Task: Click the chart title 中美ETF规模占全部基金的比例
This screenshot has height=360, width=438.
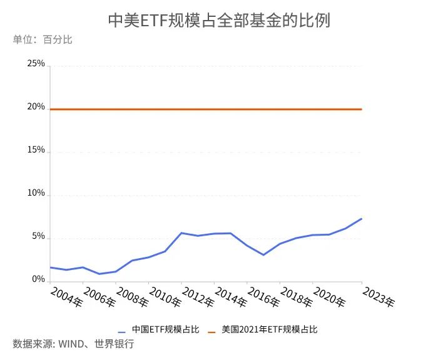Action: (218, 20)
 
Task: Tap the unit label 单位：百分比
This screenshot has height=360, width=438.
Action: (43, 40)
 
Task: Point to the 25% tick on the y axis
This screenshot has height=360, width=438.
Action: (36, 64)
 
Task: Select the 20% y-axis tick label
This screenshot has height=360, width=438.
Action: (36, 107)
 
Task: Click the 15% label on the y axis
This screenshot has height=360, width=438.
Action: (36, 150)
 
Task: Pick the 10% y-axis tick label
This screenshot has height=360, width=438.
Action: (36, 194)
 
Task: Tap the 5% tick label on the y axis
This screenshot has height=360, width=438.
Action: (38, 237)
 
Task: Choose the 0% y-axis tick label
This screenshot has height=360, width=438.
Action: (38, 279)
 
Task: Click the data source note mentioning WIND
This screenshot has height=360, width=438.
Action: (73, 344)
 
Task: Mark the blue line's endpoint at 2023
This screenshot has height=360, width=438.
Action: (362, 219)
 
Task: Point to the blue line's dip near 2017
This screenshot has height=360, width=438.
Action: (263, 255)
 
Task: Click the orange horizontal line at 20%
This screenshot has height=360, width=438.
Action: (206, 109)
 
